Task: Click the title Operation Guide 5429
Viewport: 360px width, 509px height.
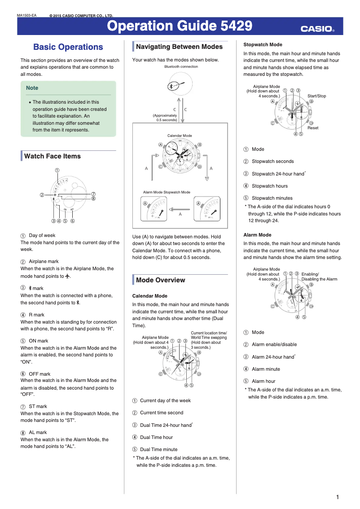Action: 179,26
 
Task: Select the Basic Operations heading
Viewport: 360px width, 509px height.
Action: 68,47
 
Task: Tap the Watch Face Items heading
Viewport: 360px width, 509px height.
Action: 53,156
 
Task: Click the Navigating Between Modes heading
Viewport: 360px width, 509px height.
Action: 179,47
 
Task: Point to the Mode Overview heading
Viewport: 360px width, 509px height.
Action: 160,280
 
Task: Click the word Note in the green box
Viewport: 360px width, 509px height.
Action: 32,88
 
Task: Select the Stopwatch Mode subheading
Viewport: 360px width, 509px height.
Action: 263,45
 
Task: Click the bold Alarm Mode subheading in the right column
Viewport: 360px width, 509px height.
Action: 257,235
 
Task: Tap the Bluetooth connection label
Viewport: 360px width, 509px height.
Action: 181,66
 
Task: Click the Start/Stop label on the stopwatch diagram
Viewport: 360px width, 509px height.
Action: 316,96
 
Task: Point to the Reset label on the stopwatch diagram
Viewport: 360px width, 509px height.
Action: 313,128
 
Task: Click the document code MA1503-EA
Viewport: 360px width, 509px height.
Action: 26,16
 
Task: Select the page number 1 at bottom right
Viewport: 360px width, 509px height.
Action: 337,496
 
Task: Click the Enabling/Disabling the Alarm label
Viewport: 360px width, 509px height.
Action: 319,276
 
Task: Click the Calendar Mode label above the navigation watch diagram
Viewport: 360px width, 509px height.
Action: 180,136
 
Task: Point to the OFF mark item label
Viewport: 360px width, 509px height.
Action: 40,374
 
